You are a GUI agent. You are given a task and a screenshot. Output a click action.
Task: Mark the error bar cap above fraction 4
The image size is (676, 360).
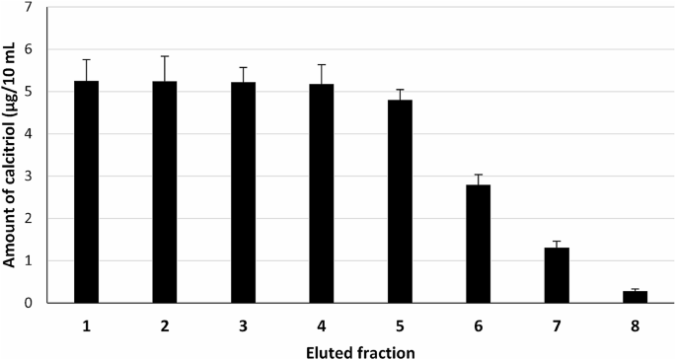(321, 65)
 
